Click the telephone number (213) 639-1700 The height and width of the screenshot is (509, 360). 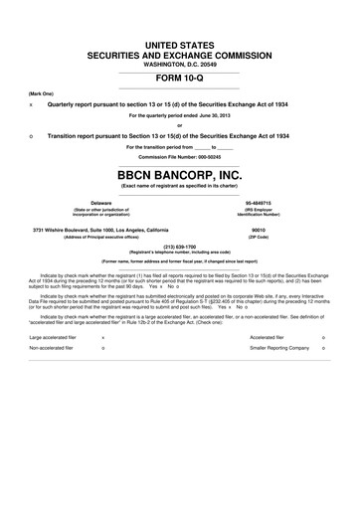pyautogui.click(x=179, y=247)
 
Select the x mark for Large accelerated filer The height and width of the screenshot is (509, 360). pyautogui.click(x=104, y=337)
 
